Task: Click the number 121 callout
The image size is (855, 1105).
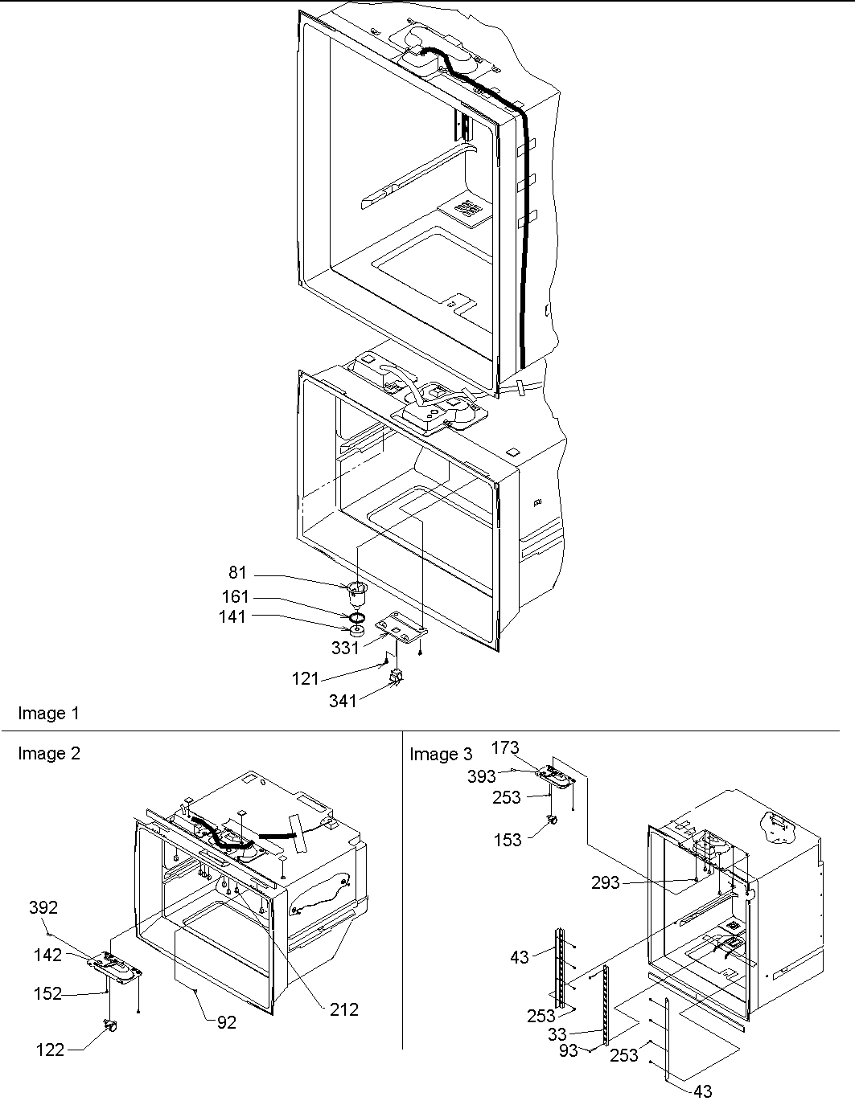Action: point(305,679)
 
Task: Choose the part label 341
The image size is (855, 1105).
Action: point(343,702)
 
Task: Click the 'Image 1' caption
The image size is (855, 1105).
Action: point(49,713)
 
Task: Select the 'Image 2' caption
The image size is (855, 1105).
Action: point(49,753)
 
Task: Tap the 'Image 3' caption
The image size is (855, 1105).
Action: point(441,754)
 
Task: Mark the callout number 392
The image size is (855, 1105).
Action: point(43,907)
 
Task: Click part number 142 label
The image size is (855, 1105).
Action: point(47,955)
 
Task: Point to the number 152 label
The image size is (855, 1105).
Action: point(47,994)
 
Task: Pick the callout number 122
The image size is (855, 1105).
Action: point(50,1050)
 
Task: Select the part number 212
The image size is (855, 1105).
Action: point(344,1009)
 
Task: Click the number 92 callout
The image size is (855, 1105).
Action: point(227,1023)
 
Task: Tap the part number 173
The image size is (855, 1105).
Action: point(505,748)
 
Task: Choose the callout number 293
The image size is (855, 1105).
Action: point(606,882)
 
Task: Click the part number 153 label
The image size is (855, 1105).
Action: point(508,840)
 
